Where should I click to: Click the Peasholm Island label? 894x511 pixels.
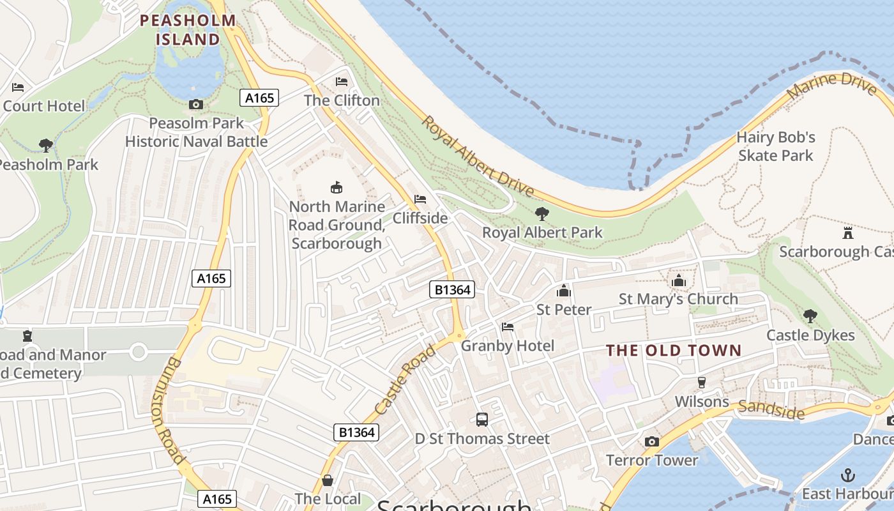point(188,29)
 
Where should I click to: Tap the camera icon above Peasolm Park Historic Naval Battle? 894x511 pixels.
point(196,104)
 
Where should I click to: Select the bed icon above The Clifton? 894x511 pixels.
point(342,82)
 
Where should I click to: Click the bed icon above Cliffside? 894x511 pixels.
point(420,199)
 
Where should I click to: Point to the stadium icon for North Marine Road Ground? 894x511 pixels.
point(336,187)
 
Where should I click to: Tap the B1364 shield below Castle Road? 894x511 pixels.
point(356,432)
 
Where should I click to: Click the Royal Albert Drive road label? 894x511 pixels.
point(478,156)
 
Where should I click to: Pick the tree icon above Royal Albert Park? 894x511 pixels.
point(542,213)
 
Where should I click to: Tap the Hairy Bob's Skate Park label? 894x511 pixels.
point(776,146)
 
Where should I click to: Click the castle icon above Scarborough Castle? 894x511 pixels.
point(848,233)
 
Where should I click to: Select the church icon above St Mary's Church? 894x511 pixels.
point(678,280)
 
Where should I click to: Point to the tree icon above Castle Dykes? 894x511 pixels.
point(810,316)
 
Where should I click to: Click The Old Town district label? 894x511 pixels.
point(674,350)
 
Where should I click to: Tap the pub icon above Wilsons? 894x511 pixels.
point(702,382)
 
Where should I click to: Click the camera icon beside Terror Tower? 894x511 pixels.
point(652,441)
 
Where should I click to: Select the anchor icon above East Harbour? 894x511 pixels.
point(848,475)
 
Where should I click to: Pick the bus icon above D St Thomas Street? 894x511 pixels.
point(482,420)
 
